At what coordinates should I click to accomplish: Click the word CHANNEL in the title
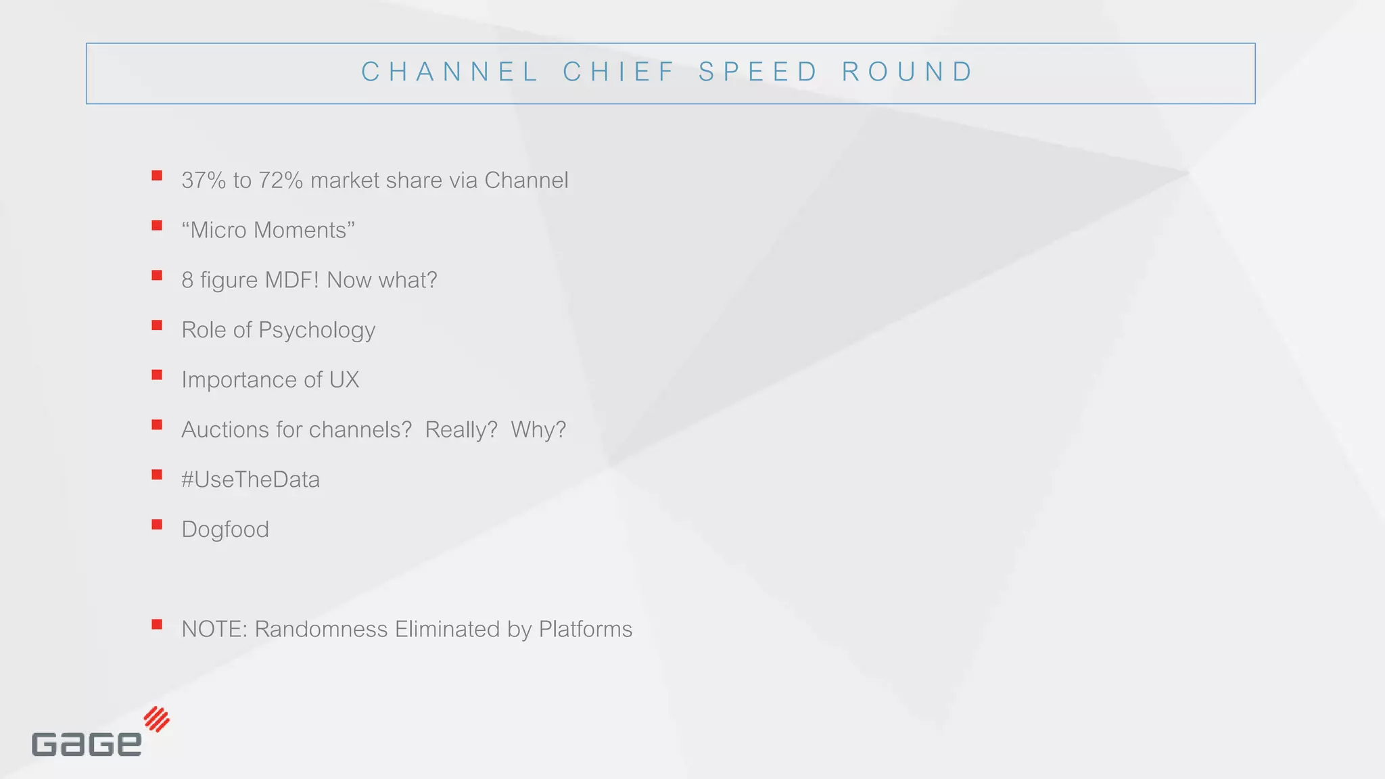(450, 72)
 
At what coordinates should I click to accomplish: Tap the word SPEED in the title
(758, 72)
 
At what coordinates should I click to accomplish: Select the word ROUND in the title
(907, 72)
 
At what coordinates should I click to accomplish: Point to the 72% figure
(281, 181)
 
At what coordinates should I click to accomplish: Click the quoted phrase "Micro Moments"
(268, 231)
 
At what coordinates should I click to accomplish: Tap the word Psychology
(316, 331)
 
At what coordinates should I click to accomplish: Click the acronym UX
(344, 380)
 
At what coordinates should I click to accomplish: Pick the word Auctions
(225, 430)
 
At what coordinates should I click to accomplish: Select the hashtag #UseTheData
(250, 479)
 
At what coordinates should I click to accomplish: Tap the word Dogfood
(225, 529)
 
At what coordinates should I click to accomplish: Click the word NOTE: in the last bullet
(214, 630)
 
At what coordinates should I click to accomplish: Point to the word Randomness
(321, 630)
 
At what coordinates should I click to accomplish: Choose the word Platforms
(585, 630)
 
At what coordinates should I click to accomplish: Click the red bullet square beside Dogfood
(157, 525)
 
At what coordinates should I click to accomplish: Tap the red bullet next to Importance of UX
(157, 375)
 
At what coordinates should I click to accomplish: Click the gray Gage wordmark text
(87, 744)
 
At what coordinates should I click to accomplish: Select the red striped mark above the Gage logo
(157, 719)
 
